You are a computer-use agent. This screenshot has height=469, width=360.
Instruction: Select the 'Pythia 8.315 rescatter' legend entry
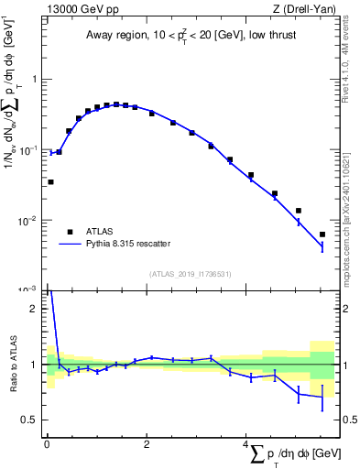(127, 244)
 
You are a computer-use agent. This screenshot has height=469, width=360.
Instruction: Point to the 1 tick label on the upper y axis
(36, 79)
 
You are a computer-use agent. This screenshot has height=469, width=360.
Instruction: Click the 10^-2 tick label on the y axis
(31, 220)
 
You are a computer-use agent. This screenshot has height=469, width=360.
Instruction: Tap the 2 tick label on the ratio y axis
(36, 309)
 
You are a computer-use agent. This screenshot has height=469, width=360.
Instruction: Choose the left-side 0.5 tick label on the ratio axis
(32, 420)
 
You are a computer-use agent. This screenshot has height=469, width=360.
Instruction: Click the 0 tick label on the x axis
(47, 444)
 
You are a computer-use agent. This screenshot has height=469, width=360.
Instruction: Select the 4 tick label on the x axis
(245, 444)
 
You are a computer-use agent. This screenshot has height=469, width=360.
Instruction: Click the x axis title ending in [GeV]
(293, 455)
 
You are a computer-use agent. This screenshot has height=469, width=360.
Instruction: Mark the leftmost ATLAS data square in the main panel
(50, 182)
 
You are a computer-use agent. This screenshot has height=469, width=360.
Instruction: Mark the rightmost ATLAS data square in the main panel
(322, 234)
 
